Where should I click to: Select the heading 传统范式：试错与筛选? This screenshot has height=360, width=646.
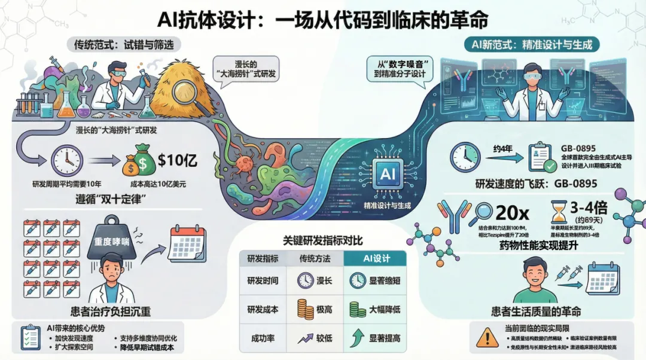pos(127,45)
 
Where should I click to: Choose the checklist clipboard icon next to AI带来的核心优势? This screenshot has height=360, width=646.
pos(29,337)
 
